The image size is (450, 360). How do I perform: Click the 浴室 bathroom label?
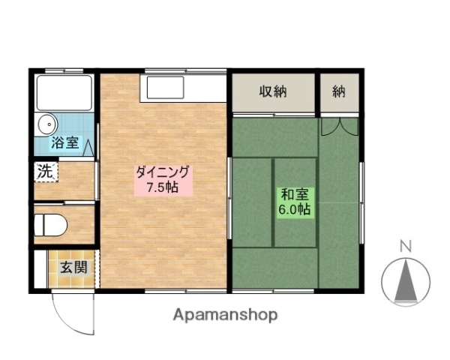point(63,142)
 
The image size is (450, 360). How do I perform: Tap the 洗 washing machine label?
point(46,171)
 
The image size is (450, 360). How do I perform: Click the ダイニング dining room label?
point(163,172)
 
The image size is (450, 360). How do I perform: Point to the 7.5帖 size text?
point(162,187)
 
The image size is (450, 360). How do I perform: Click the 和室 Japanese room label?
point(294,194)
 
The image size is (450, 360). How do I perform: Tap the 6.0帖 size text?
point(294,209)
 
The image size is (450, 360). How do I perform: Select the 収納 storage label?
point(273,92)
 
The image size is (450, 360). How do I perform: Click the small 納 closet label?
point(339,92)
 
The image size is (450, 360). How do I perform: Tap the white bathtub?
point(64,93)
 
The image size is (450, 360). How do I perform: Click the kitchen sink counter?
point(182,88)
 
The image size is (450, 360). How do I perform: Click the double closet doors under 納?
point(339,127)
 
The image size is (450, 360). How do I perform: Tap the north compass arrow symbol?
point(406,281)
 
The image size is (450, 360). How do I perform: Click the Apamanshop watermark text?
point(225,315)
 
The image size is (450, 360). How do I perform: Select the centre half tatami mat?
point(294,202)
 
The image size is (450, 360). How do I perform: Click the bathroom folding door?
point(91,142)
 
